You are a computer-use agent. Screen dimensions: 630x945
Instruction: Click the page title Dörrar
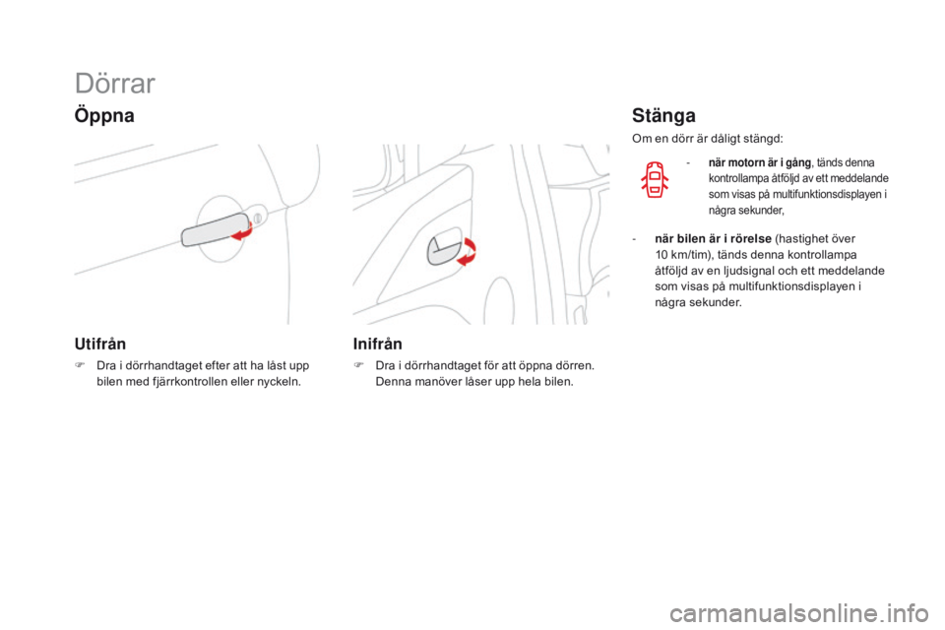[x=113, y=83]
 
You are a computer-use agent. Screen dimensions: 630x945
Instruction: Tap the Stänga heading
[x=664, y=115]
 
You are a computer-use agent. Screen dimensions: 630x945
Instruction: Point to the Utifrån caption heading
[x=98, y=345]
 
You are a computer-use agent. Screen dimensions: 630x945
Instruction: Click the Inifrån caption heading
[x=377, y=345]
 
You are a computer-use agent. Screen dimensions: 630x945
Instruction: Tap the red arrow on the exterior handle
[x=242, y=229]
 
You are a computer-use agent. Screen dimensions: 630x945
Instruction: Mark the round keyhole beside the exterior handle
[x=257, y=216]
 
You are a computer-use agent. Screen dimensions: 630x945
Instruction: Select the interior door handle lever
[x=443, y=249]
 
